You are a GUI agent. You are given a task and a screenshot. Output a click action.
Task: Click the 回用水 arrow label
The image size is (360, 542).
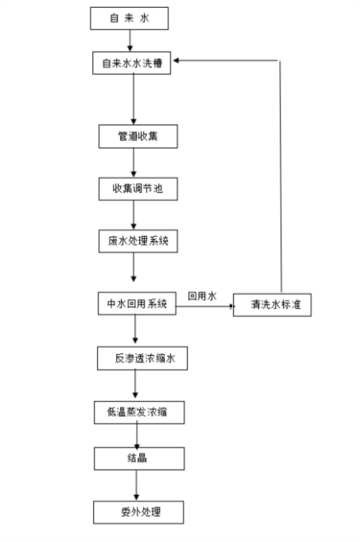point(202,296)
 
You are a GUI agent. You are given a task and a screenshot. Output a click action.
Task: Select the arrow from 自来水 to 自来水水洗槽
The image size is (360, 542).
point(130,41)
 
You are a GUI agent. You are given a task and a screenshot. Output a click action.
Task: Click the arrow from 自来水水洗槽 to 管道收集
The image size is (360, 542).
point(134,99)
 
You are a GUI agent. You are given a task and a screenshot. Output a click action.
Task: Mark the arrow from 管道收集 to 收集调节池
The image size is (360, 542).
point(134,163)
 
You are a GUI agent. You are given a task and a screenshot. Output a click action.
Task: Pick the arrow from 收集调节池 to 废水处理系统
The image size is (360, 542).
point(134,215)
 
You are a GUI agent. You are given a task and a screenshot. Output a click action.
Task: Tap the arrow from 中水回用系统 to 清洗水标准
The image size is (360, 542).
point(205,306)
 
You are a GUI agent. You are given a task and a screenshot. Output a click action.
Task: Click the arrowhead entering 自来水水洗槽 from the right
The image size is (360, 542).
point(176,60)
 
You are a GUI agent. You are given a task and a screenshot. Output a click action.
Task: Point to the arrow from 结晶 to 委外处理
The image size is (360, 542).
point(136,486)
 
